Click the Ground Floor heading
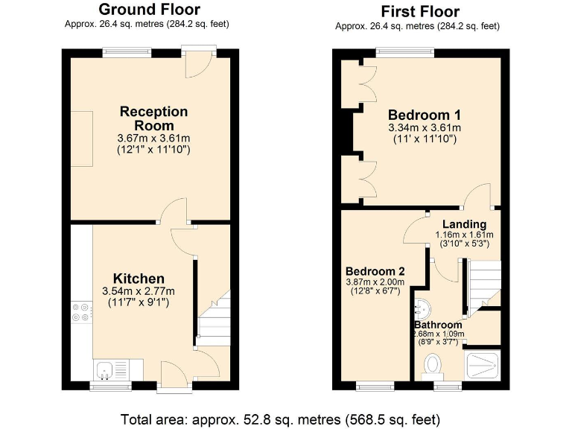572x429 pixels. (x=149, y=10)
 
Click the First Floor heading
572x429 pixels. (x=420, y=11)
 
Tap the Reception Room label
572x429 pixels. (x=154, y=118)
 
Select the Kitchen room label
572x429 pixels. (x=139, y=278)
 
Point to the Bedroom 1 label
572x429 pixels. (x=425, y=115)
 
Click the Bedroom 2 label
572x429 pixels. (x=375, y=270)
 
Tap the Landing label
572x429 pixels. (x=464, y=224)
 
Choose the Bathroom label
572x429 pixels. (x=439, y=325)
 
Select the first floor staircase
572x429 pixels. (x=481, y=285)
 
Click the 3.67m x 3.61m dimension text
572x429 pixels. (x=154, y=139)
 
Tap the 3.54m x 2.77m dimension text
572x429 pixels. (x=139, y=291)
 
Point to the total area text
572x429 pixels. (x=285, y=417)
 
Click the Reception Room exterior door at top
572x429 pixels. (x=197, y=63)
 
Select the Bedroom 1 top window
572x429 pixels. (x=404, y=52)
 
